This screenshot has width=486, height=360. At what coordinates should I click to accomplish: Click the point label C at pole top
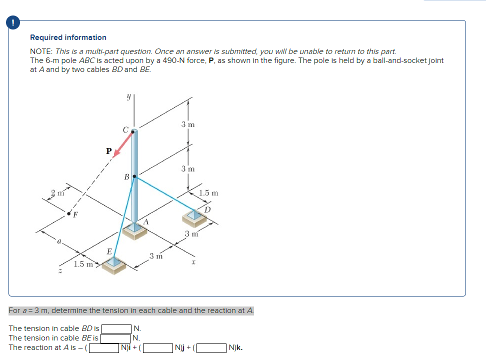[x=125, y=129]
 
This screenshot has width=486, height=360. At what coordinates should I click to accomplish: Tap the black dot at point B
[x=134, y=176]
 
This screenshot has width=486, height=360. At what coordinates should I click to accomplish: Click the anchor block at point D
[x=195, y=216]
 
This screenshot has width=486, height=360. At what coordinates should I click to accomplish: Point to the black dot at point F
[x=69, y=213]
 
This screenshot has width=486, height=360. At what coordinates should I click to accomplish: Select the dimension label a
[x=59, y=241]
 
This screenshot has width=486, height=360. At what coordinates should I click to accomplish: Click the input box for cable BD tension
[x=117, y=328]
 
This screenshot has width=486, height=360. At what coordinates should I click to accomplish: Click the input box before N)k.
[x=212, y=347]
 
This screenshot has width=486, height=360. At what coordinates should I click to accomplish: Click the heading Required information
[x=68, y=37]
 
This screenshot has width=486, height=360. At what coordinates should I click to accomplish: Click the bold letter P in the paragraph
[x=210, y=60]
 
